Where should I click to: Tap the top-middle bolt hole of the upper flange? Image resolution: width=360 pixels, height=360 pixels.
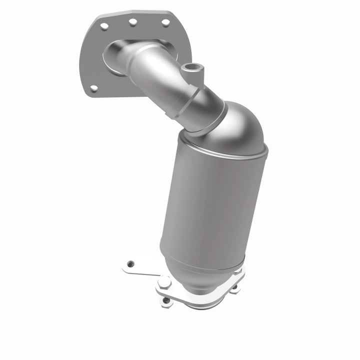pos(133,22)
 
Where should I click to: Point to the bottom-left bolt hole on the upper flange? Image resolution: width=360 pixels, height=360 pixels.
pos(94,88)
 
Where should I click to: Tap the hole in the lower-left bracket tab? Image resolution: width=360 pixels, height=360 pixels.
pos(130,263)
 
